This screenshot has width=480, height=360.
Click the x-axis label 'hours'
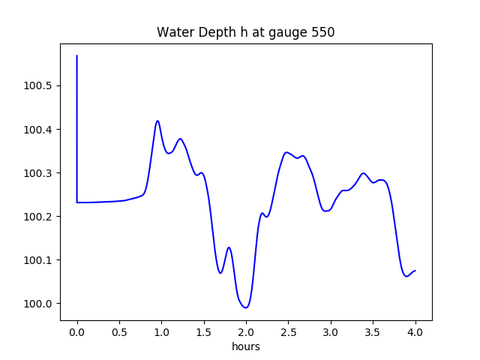[x=246, y=347]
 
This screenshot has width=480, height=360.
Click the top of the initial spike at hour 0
[x=77, y=56]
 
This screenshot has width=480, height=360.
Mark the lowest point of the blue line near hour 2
[x=245, y=307]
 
